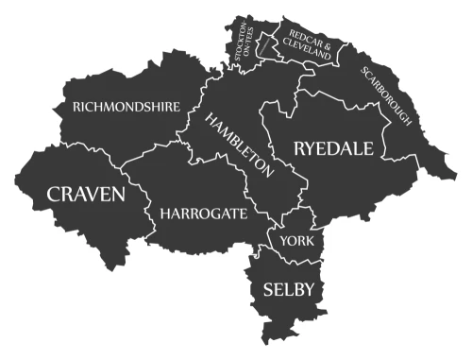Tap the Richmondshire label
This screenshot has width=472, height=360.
click(x=127, y=108)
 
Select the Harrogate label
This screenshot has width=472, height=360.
click(x=204, y=214)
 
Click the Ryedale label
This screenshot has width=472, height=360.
click(x=333, y=148)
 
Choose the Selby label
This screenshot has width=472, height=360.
click(x=289, y=288)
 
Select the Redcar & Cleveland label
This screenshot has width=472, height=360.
click(x=307, y=43)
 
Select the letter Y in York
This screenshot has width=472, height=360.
click(x=284, y=241)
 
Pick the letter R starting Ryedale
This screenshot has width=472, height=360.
click(x=300, y=148)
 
